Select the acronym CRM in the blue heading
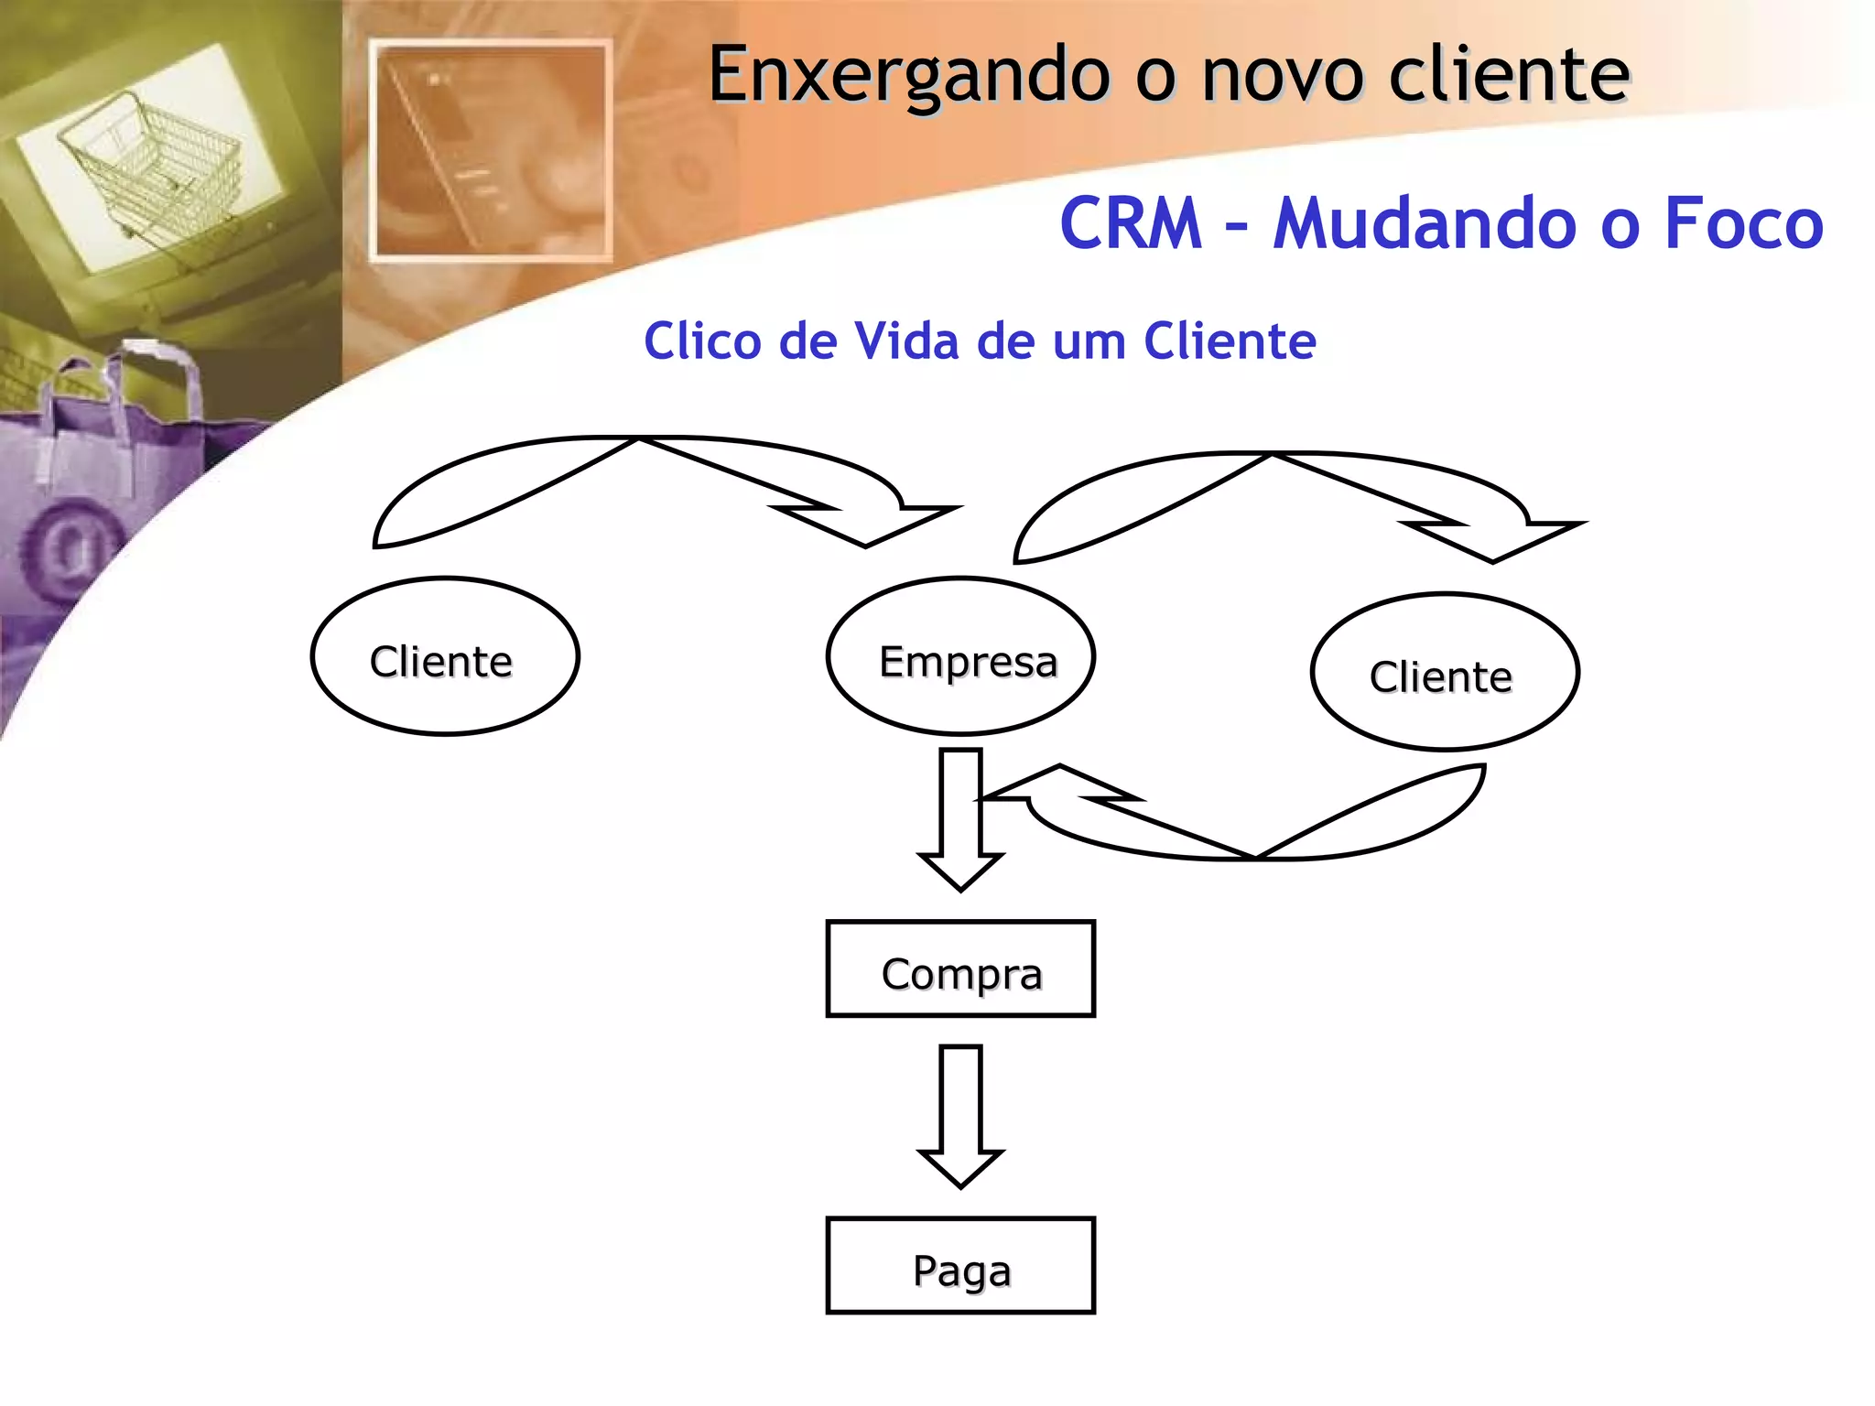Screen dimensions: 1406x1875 click(x=1130, y=224)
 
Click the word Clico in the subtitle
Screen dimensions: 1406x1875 click(x=702, y=341)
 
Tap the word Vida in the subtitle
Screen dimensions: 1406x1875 click(x=906, y=341)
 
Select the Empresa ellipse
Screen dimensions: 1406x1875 click(x=960, y=656)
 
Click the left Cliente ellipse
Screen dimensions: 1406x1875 click(x=445, y=656)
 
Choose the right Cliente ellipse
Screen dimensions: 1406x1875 click(x=1445, y=673)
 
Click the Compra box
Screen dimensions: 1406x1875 click(x=960, y=968)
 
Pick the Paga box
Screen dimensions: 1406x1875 click(x=960, y=1266)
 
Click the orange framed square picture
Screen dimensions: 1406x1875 click(x=492, y=151)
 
